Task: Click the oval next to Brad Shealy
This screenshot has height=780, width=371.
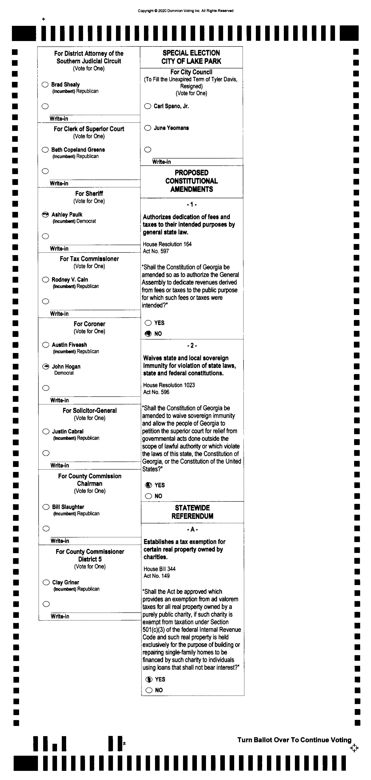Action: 45,84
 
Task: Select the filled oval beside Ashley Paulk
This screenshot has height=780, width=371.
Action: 45,214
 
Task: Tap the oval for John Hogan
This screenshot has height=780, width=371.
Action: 46,366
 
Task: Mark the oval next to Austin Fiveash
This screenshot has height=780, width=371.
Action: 46,345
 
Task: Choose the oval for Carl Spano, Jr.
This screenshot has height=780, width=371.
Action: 147,106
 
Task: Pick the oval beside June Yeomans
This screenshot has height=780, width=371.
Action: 147,128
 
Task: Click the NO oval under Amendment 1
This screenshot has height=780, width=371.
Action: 148,334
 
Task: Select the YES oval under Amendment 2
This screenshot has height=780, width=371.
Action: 149,485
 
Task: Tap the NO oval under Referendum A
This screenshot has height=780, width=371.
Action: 149,690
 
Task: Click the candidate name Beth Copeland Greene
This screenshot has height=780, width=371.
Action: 78,150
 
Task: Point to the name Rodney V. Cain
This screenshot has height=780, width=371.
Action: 70,279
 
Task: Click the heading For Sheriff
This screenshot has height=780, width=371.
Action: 89,193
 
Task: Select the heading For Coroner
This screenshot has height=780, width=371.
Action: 90,324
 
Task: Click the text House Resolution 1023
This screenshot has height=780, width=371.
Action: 169,385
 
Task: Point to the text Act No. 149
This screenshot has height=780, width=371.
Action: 157,576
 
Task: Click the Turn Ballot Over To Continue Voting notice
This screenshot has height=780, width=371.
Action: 294,740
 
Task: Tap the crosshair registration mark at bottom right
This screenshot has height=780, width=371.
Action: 354,748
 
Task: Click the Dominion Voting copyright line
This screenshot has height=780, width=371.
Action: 186,11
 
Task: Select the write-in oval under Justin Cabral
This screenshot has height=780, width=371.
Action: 46,453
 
